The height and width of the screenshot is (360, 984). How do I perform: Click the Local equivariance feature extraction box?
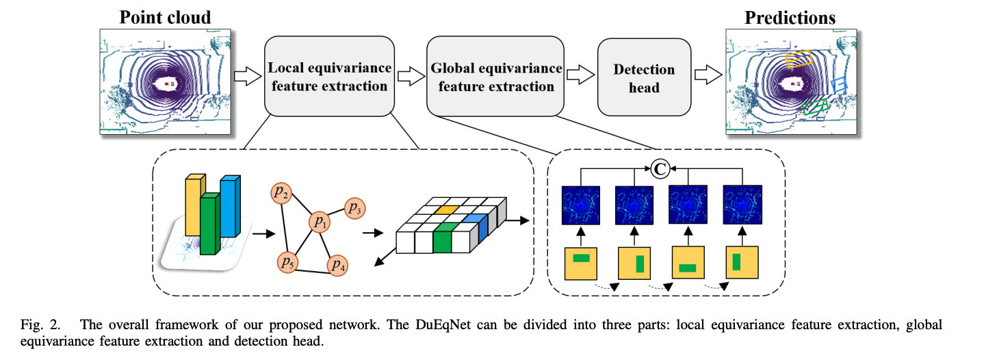(329, 77)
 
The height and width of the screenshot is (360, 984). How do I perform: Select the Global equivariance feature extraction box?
(495, 77)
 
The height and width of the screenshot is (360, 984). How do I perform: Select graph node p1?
(319, 221)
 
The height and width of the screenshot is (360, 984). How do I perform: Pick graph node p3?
(354, 207)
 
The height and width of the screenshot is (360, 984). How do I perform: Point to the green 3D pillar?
(209, 224)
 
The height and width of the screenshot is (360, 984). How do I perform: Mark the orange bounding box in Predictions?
(798, 59)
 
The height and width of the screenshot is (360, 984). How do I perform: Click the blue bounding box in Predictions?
(839, 85)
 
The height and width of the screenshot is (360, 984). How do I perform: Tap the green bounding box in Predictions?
(815, 105)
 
